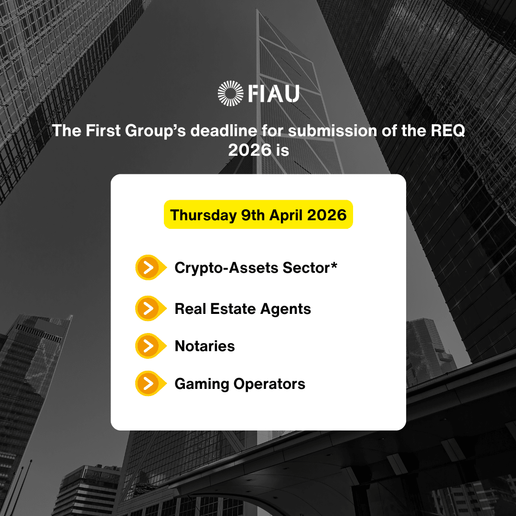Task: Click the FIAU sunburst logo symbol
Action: (230, 94)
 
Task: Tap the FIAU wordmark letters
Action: (274, 94)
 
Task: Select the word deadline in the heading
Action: (224, 130)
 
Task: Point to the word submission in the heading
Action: (333, 130)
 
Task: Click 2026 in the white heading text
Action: (250, 150)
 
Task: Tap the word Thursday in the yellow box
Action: (204, 215)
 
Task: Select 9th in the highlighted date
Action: (253, 215)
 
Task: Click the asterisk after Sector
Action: (334, 265)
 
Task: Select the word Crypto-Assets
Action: (226, 268)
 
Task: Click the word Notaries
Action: (204, 346)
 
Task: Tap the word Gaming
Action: (202, 384)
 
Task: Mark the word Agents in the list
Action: (286, 309)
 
